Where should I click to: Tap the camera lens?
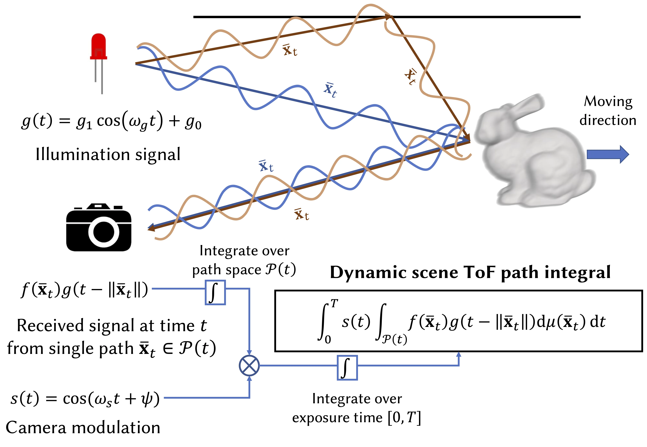[x=103, y=232]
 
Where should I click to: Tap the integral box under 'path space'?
[x=215, y=292]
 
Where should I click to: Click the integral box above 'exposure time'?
[x=347, y=367]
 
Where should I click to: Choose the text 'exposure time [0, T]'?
[x=356, y=418]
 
